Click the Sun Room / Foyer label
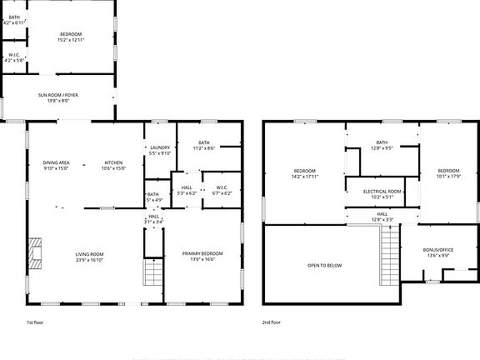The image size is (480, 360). [57, 96]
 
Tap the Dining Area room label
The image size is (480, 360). [56, 162]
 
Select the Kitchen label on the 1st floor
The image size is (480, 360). [112, 162]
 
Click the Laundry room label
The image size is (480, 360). [159, 147]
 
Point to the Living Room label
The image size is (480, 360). [89, 254]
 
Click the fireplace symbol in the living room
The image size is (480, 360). [34, 251]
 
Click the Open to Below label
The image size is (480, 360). [324, 266]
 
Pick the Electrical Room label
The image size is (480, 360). [382, 192]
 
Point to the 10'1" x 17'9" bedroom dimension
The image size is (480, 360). [448, 177]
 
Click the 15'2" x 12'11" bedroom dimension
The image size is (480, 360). [70, 40]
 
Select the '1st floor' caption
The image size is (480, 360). [36, 321]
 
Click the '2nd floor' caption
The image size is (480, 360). [271, 321]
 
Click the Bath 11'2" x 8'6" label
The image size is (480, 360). [204, 147]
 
